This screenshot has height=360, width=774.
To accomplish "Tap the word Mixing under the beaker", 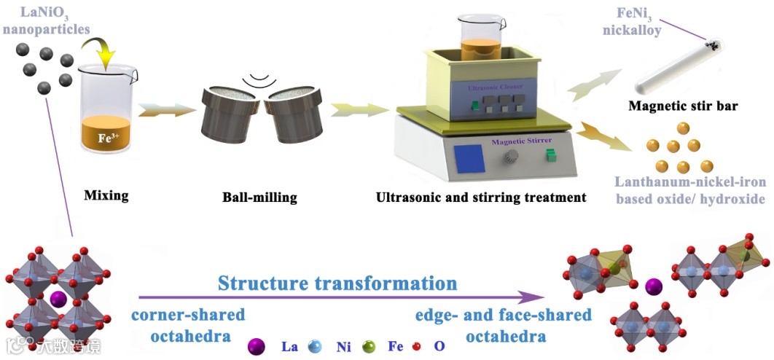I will [106, 195].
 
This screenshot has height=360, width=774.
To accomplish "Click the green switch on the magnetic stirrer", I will [552, 156].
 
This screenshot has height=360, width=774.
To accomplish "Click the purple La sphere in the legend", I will [256, 346].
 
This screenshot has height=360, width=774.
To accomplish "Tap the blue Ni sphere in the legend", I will [315, 346].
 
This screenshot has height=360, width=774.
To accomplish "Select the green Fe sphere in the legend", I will [372, 346].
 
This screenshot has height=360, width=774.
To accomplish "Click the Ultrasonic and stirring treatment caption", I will [481, 197].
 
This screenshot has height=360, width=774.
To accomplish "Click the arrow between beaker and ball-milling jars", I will [166, 110].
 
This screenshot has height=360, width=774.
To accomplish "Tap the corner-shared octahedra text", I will [187, 326].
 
